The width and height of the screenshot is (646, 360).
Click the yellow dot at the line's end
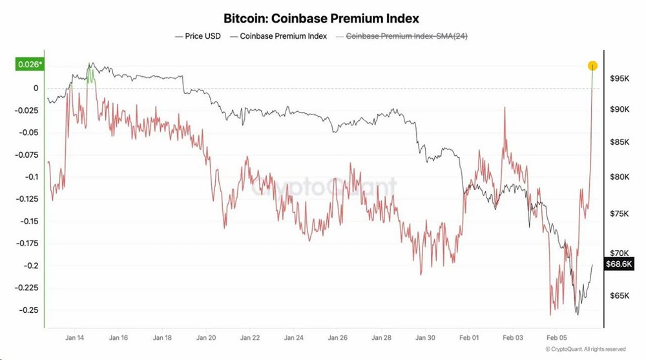592,65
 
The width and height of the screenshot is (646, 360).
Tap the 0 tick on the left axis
36,88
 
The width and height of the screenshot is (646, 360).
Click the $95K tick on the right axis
620,78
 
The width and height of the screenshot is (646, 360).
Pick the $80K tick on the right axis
620,176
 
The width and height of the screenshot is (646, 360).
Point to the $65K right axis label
620,296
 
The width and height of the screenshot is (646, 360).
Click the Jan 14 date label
74,337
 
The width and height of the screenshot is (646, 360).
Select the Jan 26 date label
338,337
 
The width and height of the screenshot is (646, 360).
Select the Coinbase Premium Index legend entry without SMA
283,36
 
